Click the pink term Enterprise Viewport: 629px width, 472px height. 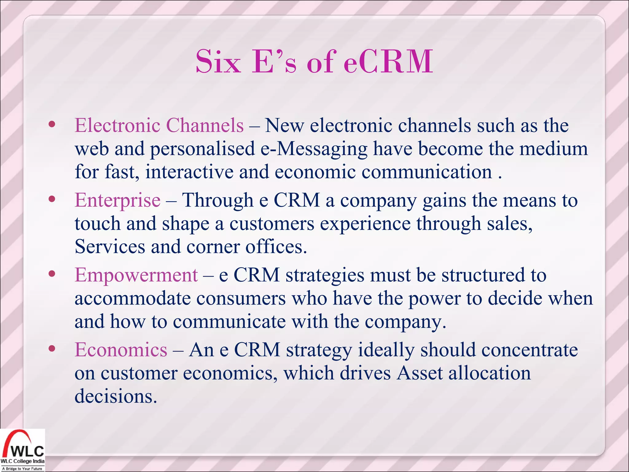pos(118,200)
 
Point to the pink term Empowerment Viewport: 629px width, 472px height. pos(136,275)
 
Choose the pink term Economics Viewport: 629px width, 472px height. pos(121,350)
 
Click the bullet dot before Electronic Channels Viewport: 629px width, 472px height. pos(52,124)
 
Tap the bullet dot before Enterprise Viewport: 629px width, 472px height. pos(52,199)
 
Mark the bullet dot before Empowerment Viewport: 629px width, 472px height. pos(52,274)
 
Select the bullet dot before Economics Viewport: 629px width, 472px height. pos(52,348)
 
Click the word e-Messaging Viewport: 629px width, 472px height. pos(314,149)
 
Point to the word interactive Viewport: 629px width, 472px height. pos(189,172)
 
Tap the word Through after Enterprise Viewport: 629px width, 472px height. pos(218,200)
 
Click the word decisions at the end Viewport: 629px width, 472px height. pos(115,396)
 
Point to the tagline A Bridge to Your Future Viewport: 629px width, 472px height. pos(22,469)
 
